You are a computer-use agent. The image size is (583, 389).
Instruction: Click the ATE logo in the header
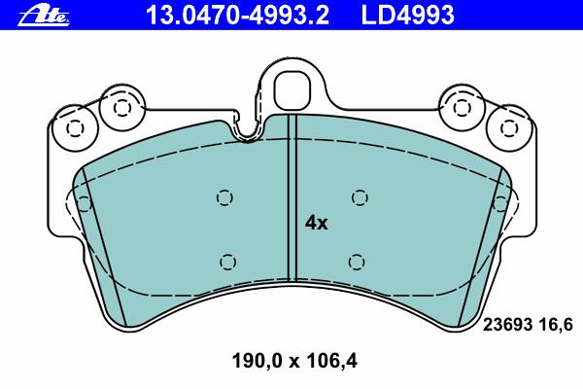[x=44, y=16]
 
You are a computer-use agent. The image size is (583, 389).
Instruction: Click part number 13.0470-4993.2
[x=238, y=15]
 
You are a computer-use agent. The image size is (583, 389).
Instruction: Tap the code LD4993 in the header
[x=408, y=15]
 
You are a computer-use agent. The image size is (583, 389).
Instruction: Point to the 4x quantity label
[x=317, y=223]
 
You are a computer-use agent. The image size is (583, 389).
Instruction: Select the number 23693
[x=507, y=325]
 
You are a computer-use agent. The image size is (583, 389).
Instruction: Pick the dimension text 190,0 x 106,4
[x=294, y=361]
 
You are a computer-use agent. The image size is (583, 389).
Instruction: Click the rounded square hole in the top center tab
[x=291, y=90]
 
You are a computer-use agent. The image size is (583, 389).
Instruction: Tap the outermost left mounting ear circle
[x=75, y=127]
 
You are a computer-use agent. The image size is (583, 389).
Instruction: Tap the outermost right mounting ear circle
[x=508, y=127]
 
